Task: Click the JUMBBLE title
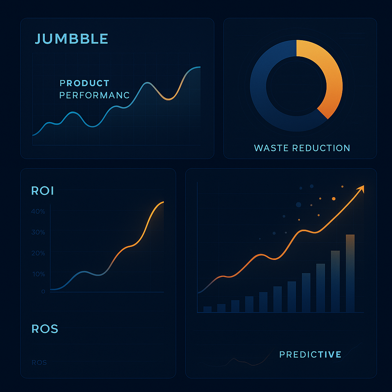tap(71, 39)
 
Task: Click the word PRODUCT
tap(85, 83)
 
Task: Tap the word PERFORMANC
tap(95, 95)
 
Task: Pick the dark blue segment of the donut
tap(268, 107)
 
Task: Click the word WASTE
tap(271, 148)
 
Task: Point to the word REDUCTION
tap(322, 148)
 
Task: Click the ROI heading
tap(42, 191)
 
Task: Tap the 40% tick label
tap(38, 212)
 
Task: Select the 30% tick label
tap(38, 232)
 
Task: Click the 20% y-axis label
tap(38, 253)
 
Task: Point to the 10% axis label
tap(38, 274)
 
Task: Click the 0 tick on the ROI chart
tap(43, 292)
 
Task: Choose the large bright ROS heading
tap(45, 328)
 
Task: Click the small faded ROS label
tap(39, 363)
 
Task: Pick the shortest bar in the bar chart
tap(207, 309)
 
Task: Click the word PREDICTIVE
tap(310, 354)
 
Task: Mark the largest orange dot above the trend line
tap(334, 199)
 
